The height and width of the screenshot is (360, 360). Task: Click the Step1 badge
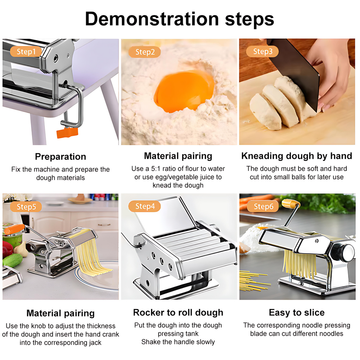26,51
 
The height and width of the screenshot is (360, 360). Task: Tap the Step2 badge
144,52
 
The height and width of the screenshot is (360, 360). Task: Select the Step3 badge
262,51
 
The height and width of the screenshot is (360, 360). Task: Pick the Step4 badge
144,206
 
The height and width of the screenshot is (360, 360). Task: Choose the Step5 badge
26,207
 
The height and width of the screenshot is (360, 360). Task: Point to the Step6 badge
263,206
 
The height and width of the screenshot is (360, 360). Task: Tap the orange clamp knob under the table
67,133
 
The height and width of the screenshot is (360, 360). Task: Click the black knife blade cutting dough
296,69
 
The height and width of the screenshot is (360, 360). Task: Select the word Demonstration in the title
152,19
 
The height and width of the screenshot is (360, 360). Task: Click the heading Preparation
60,156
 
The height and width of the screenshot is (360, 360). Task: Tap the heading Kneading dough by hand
297,156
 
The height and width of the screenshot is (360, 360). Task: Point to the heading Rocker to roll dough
178,313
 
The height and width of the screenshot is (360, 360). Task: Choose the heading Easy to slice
297,313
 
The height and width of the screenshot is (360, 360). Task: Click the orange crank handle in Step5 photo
14,229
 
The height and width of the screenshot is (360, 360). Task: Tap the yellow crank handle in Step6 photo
291,204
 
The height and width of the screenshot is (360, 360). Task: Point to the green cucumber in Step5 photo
13,261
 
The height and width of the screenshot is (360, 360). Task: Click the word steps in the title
250,20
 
